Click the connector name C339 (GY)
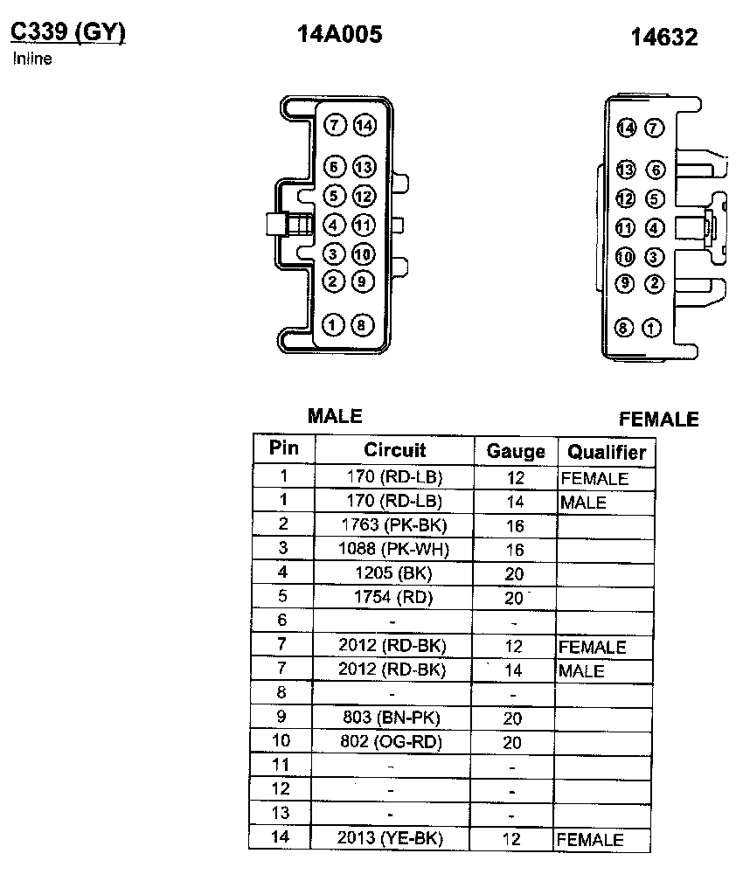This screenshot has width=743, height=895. coord(68,32)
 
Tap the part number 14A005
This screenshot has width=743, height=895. coord(340,34)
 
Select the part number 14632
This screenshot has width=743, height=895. coord(664,38)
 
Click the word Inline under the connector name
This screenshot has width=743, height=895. coord(32,59)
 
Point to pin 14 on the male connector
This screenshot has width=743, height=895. coord(364,126)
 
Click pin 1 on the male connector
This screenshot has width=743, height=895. coord(333,325)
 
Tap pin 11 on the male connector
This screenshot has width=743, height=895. coord(364,225)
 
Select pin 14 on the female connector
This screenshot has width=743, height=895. coord(625,128)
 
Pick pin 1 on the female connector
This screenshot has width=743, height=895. coord(652,329)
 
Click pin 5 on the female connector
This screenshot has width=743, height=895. coord(654,199)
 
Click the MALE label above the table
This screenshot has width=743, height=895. coord(335,416)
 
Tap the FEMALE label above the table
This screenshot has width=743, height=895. coord(659,420)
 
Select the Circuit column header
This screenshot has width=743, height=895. coord(395,450)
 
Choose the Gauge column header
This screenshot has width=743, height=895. coord(516,451)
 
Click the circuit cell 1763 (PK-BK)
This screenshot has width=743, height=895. coord(393,524)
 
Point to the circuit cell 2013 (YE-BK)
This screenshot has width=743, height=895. coord(390,838)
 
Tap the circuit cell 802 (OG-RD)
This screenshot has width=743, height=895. coord(392,742)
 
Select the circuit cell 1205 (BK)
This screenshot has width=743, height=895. coord(393,573)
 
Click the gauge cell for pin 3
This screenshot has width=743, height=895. coord(514,550)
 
